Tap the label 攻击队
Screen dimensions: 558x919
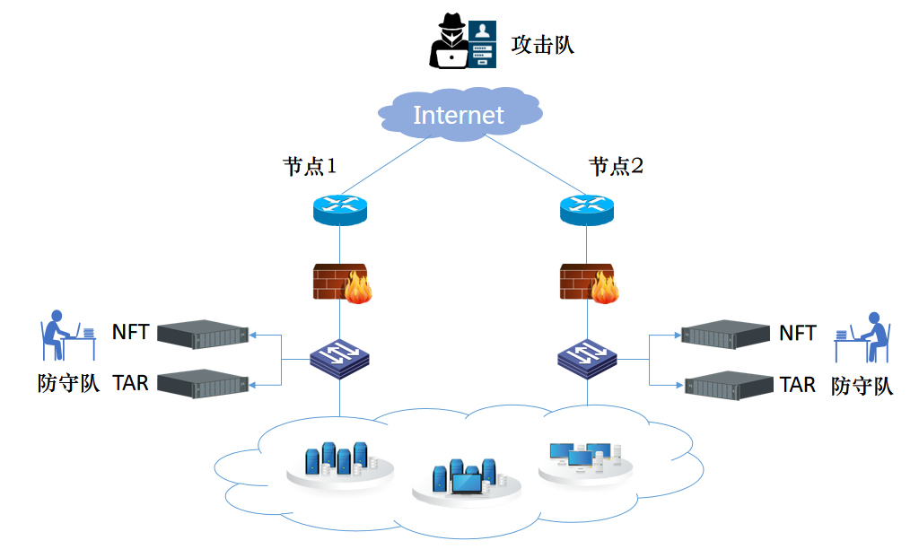pyautogui.click(x=542, y=44)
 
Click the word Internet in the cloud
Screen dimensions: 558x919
pyautogui.click(x=459, y=115)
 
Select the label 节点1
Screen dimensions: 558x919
pyautogui.click(x=310, y=166)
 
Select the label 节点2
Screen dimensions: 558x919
pyautogui.click(x=616, y=166)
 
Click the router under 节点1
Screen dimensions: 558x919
pyautogui.click(x=340, y=208)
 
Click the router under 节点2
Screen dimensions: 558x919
pyautogui.click(x=587, y=208)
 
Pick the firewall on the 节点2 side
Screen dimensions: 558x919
pyautogui.click(x=590, y=283)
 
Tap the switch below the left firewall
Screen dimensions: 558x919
pyautogui.click(x=340, y=357)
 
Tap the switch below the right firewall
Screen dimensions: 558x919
pyautogui.click(x=587, y=357)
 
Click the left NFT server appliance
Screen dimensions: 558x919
pyautogui.click(x=202, y=334)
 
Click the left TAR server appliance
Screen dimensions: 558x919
pyautogui.click(x=202, y=383)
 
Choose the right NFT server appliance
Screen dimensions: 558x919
pyautogui.click(x=726, y=335)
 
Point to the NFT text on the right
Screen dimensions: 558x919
pyautogui.click(x=797, y=333)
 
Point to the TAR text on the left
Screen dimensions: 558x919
pyautogui.click(x=130, y=383)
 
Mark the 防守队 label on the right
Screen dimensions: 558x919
pyautogui.click(x=862, y=387)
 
